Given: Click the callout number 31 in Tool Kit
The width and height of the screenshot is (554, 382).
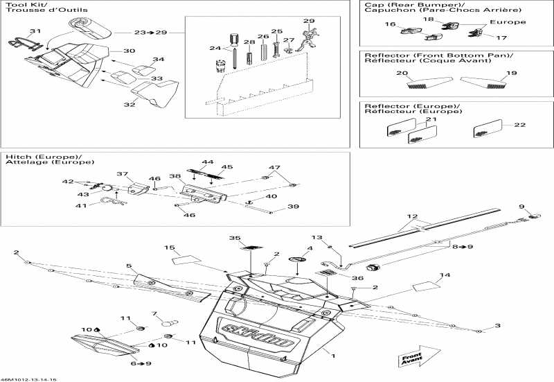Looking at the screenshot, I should (35, 31).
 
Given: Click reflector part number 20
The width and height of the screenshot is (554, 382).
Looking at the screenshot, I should (401, 73).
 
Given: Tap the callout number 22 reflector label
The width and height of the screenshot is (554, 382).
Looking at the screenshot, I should (519, 125).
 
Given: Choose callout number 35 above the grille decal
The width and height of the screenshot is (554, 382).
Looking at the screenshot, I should (235, 238).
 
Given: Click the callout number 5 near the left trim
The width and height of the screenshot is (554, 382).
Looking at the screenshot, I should (129, 266).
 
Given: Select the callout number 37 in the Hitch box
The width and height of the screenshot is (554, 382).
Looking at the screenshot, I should (123, 174).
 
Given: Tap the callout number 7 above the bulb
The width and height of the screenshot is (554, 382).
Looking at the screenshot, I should (155, 314).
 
